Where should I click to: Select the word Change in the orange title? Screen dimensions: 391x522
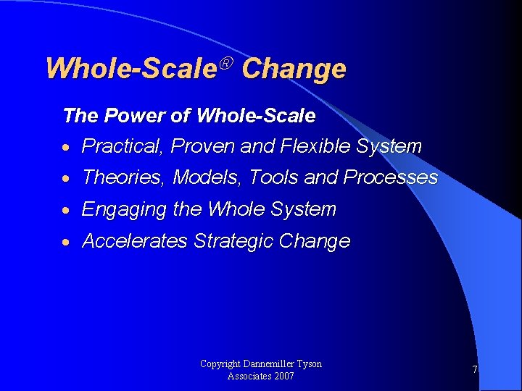(294, 69)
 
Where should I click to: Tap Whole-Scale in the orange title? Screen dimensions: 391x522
(131, 69)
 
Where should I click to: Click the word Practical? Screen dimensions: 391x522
(123, 146)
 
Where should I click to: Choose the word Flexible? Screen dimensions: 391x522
(311, 146)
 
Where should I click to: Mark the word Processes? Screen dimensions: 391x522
(391, 177)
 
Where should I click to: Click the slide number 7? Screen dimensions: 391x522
(475, 370)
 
